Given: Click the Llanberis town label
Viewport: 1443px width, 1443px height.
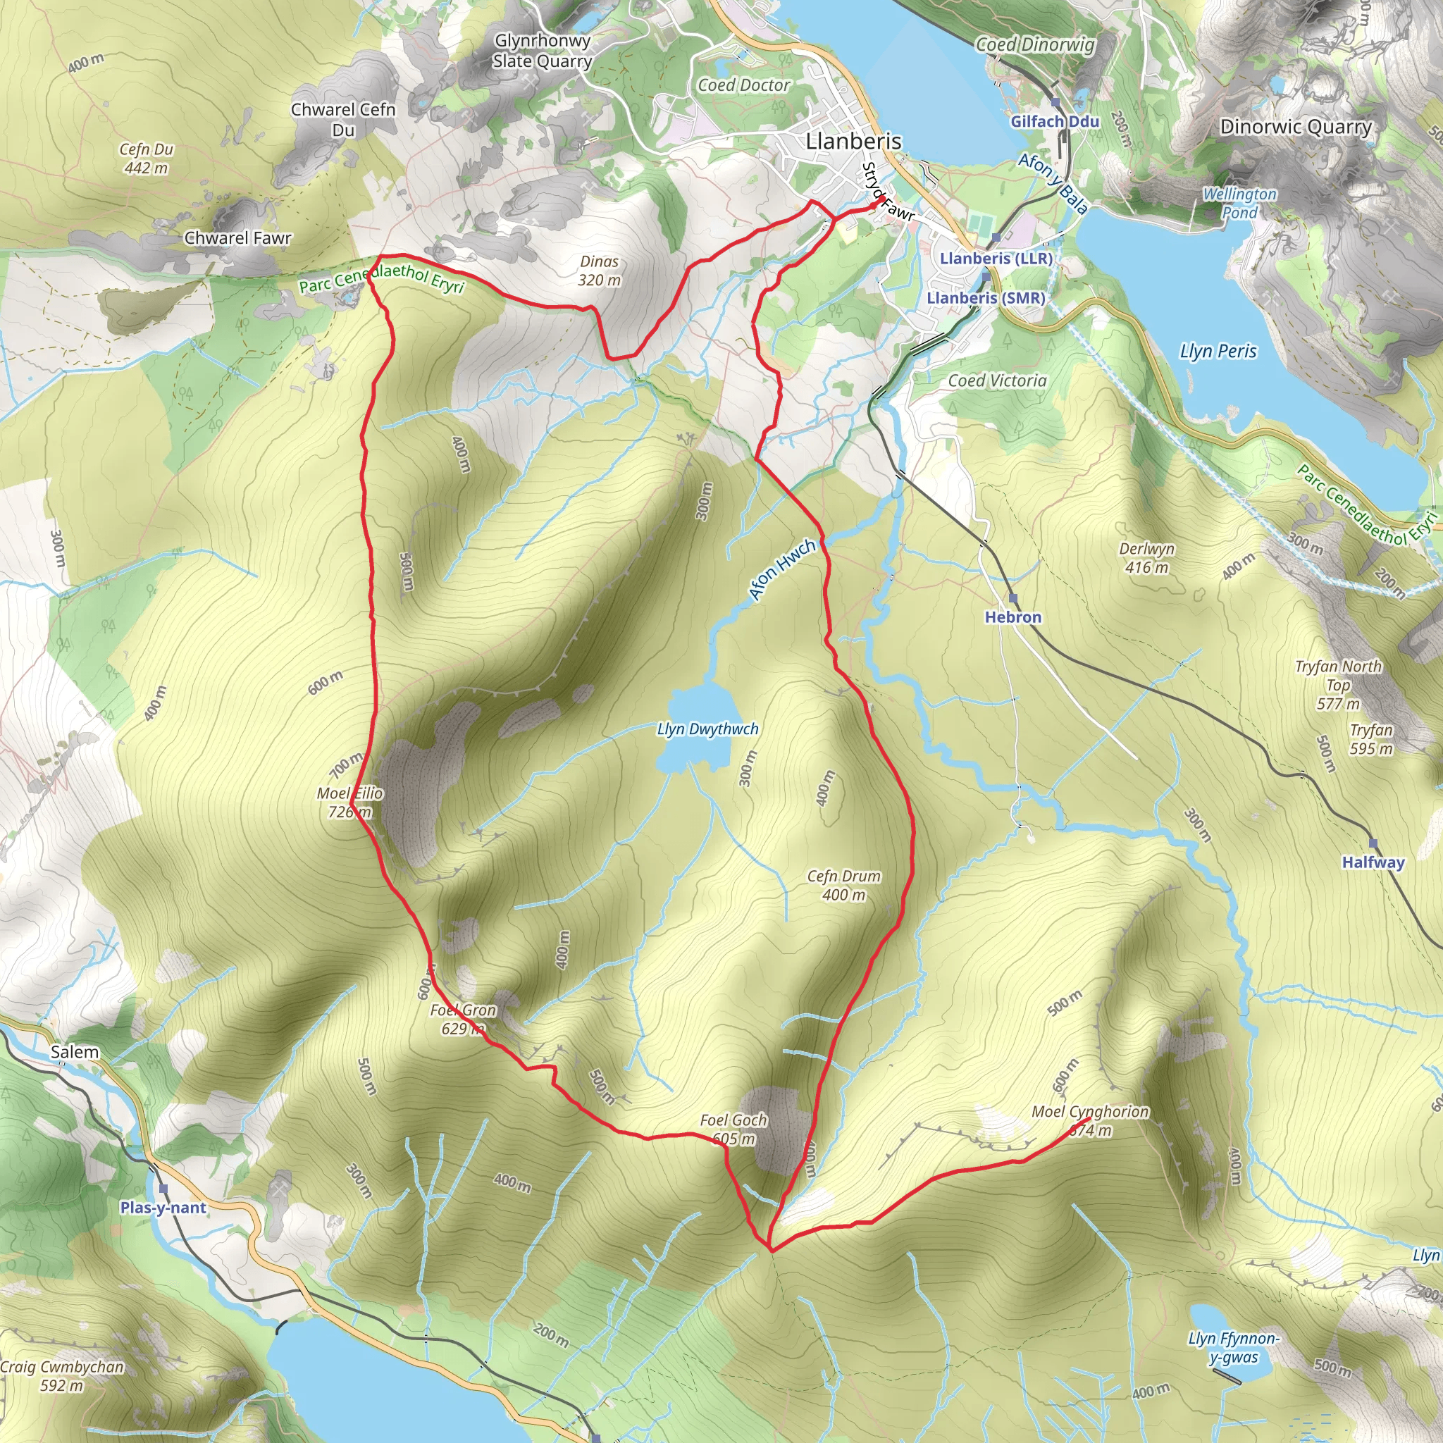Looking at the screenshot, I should [x=853, y=141].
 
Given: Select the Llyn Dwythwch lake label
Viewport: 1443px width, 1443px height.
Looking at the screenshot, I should [x=707, y=729].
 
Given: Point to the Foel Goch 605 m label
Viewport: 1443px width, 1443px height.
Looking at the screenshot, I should [x=733, y=1129].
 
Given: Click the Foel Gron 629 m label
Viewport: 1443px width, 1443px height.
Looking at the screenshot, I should [x=463, y=1020].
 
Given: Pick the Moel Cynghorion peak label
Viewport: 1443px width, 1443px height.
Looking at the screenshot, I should [x=1090, y=1120].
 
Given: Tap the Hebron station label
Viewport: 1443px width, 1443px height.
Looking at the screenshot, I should [x=1012, y=617].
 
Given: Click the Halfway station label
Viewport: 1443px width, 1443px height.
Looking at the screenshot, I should [x=1373, y=862].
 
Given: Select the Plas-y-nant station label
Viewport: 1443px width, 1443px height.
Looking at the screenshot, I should [x=163, y=1208].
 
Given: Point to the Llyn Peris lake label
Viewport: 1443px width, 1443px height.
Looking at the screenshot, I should [x=1218, y=351].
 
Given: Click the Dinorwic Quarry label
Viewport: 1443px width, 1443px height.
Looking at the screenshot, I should [x=1295, y=127].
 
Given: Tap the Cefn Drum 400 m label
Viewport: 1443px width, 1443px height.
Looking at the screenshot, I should [x=843, y=885].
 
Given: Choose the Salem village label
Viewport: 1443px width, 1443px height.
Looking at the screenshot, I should [x=75, y=1053].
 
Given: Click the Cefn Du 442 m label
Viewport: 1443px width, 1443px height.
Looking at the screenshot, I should [x=147, y=159].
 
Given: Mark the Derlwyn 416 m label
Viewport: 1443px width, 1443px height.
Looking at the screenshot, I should [x=1146, y=558].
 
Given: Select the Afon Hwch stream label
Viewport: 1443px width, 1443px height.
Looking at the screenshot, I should [x=782, y=570].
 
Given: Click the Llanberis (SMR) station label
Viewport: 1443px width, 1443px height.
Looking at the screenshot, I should [x=985, y=298].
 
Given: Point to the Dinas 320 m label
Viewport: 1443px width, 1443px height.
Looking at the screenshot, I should [x=599, y=271].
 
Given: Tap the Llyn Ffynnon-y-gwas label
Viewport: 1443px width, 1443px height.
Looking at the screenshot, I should [x=1234, y=1348].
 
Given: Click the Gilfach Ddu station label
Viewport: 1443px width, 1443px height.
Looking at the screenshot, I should [x=1055, y=122].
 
